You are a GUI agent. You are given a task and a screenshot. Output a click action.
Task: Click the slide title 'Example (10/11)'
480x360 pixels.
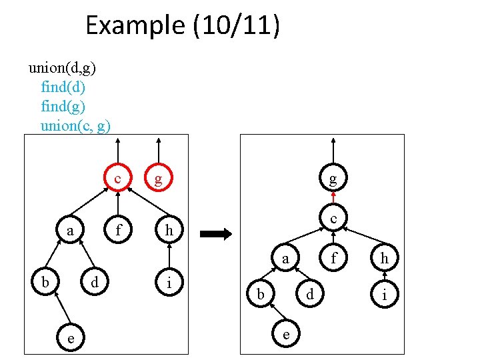pyautogui.click(x=183, y=26)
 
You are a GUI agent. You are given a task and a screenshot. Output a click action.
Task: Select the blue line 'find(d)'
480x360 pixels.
pyautogui.click(x=63, y=87)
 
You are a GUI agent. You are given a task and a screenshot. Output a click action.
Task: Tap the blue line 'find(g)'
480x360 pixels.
pyautogui.click(x=63, y=106)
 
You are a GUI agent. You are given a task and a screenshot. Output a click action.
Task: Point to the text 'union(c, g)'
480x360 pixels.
pyautogui.click(x=75, y=125)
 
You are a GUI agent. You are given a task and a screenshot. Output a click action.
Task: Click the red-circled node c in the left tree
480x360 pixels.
pyautogui.click(x=117, y=179)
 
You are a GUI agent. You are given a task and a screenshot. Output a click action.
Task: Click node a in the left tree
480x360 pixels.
pyautogui.click(x=70, y=231)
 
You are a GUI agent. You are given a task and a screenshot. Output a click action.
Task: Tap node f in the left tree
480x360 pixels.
pyautogui.click(x=118, y=231)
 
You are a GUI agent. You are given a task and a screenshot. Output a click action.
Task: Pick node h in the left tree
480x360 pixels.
pyautogui.click(x=169, y=231)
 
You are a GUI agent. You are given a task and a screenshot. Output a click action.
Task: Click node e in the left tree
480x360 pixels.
pyautogui.click(x=70, y=338)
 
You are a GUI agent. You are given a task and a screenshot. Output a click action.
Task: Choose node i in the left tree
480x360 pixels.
pyautogui.click(x=169, y=283)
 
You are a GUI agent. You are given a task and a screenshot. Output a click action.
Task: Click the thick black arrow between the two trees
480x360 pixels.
pyautogui.click(x=215, y=234)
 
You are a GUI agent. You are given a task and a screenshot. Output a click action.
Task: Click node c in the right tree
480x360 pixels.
pyautogui.click(x=333, y=219)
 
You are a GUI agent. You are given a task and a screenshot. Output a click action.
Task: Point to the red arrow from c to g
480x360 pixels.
pyautogui.click(x=333, y=198)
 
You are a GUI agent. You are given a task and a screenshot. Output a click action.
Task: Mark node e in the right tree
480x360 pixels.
pyautogui.click(x=285, y=334)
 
